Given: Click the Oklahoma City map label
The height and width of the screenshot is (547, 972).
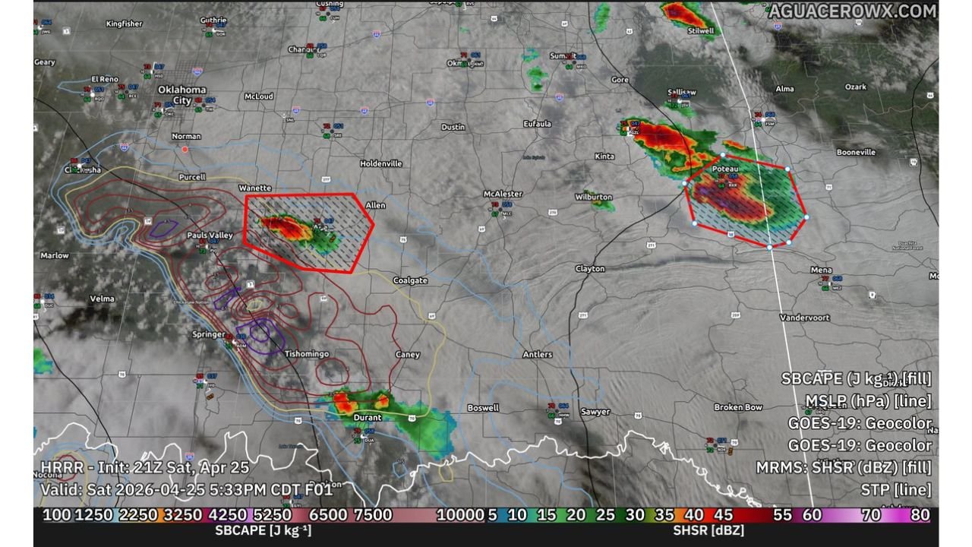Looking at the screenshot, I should (x=181, y=94).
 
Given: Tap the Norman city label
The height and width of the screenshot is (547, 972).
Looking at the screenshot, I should (x=186, y=136).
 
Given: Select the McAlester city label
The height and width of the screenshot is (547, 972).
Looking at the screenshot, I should (x=503, y=194).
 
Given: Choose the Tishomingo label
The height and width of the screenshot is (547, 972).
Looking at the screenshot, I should (x=306, y=354).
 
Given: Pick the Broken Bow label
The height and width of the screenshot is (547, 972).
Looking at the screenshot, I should (x=737, y=407).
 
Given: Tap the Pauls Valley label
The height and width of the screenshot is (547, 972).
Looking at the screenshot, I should (x=210, y=236).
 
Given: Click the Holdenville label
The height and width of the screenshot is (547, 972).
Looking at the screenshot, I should (x=381, y=163).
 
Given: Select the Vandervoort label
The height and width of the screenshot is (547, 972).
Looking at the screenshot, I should (x=804, y=318).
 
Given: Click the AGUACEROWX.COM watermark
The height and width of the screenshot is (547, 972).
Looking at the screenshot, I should (x=851, y=11).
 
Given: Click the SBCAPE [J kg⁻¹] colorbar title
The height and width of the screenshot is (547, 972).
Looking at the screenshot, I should (x=263, y=530).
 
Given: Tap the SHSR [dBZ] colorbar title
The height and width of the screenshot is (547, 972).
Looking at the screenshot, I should (x=708, y=530).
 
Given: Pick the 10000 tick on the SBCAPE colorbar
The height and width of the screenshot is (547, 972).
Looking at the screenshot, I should (x=459, y=515).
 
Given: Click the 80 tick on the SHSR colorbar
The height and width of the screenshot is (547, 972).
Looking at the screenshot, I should (x=920, y=515).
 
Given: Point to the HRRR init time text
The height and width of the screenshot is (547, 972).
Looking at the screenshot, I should (x=144, y=466).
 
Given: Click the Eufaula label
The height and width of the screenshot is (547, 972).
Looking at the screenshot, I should (x=537, y=124).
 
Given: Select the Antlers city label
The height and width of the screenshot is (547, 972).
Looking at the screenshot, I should (x=537, y=354).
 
